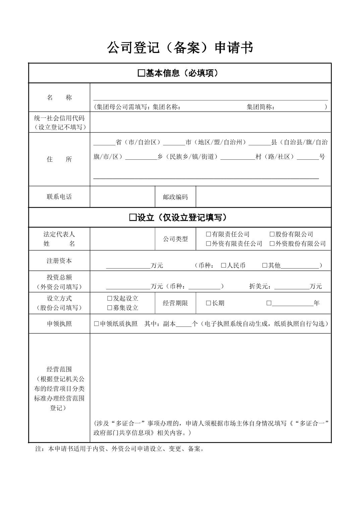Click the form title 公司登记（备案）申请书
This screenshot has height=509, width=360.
point(180,48)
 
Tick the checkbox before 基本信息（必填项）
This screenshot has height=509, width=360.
point(141,73)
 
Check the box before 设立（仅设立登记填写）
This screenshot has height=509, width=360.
point(133,218)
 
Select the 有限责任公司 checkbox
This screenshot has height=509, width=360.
point(208,234)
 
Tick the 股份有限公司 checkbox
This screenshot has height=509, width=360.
point(272,234)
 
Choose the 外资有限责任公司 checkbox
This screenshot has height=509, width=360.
point(208,244)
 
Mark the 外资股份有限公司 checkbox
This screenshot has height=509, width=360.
point(272,244)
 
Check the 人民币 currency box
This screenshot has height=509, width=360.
point(224,266)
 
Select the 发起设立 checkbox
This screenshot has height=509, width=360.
point(110,298)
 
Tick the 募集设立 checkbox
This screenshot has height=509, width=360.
point(110,308)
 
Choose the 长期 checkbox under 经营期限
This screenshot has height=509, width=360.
point(208,303)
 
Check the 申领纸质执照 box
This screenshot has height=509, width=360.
point(97,324)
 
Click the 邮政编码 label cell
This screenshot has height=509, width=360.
point(175,197)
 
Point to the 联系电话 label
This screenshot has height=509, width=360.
point(59,197)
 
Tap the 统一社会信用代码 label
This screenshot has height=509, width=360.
point(59,118)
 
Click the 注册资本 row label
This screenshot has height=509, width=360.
point(59,261)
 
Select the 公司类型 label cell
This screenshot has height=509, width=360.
point(175,239)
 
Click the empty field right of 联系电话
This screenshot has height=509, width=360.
point(122,197)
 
